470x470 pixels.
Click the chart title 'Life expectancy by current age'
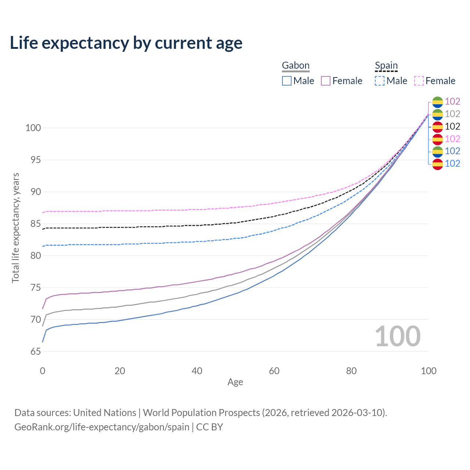[x=126, y=43]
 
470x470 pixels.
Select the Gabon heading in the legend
[x=296, y=65]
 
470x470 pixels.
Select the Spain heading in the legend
[x=386, y=65]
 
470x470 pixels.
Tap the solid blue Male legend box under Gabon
[x=287, y=81]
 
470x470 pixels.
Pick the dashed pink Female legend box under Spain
[x=419, y=81]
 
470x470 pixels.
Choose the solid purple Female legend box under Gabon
[x=326, y=81]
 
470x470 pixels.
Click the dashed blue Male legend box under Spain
[x=380, y=81]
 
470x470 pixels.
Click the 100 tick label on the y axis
[x=33, y=128]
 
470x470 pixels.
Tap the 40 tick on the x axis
[x=197, y=371]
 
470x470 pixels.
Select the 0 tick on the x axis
[x=43, y=371]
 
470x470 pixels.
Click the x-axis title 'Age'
[x=235, y=382]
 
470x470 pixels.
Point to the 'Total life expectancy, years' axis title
[x=15, y=228]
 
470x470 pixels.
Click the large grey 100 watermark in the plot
[x=398, y=336]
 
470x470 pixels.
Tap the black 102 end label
[x=452, y=126]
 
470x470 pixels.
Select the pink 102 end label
[x=452, y=139]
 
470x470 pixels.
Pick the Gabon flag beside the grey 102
[x=437, y=114]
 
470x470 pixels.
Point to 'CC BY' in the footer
[x=209, y=427]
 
